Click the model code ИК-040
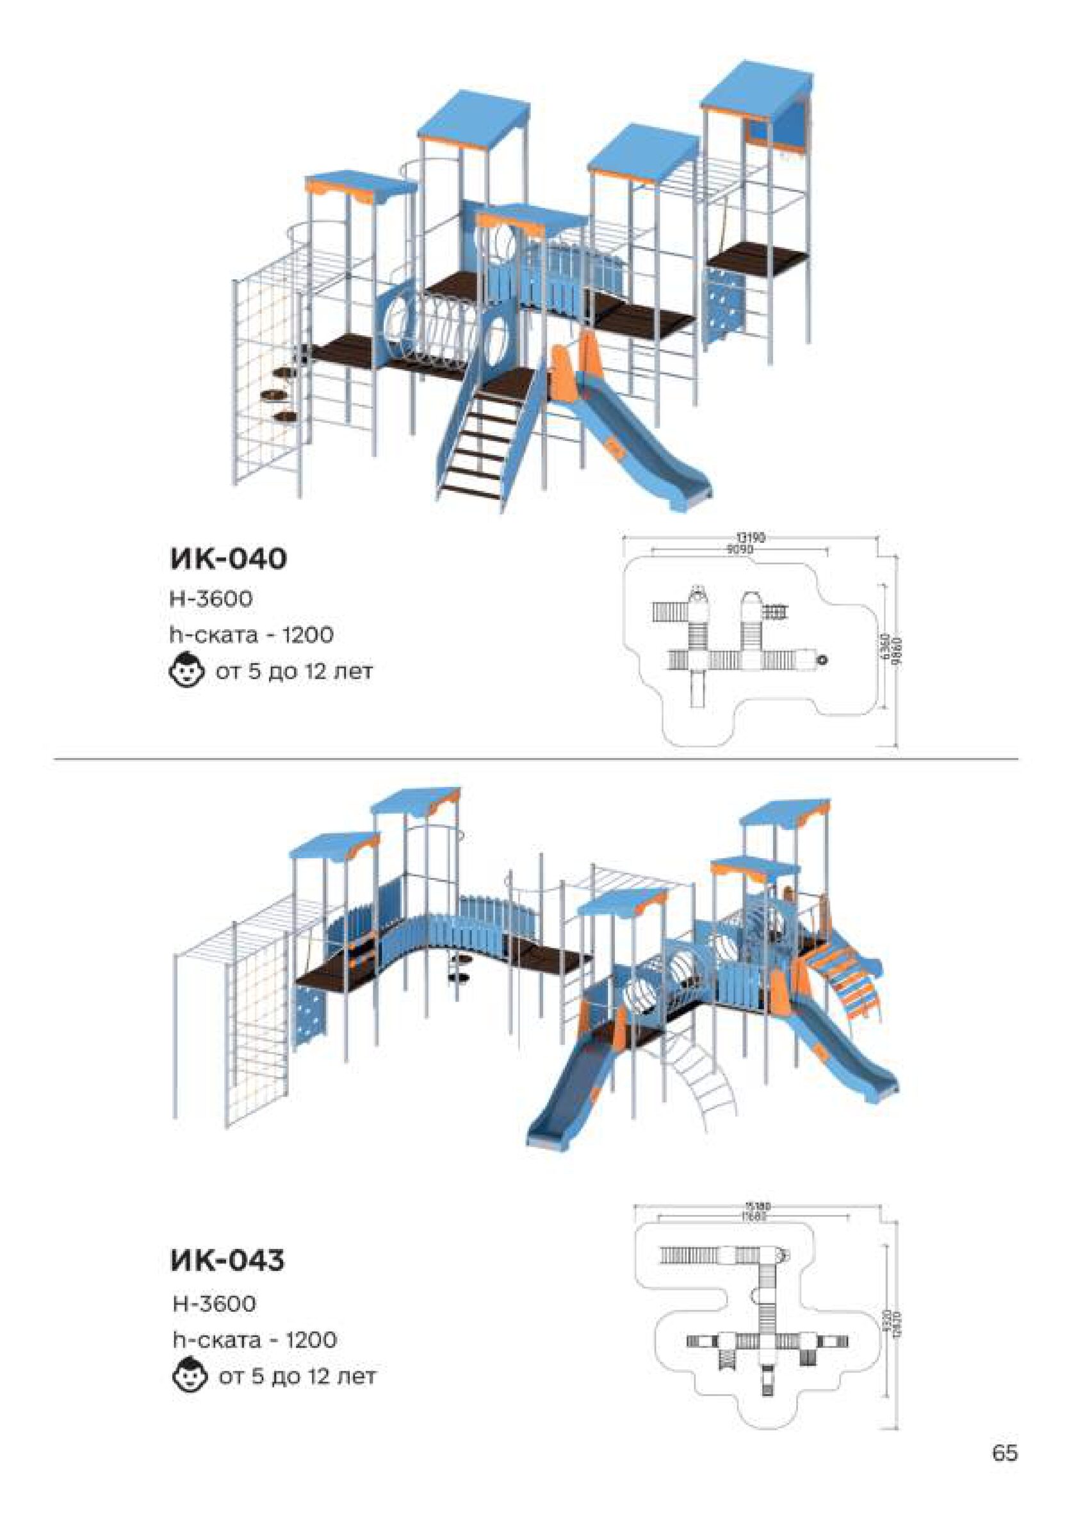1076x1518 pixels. (229, 559)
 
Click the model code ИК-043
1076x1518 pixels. (228, 1260)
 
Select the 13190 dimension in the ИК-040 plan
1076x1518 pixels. (750, 538)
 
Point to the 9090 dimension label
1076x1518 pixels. (741, 550)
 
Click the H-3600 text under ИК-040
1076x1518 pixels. (211, 599)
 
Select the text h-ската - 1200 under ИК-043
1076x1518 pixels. (254, 1341)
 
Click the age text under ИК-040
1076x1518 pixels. (293, 672)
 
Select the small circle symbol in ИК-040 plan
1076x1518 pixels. (824, 659)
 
